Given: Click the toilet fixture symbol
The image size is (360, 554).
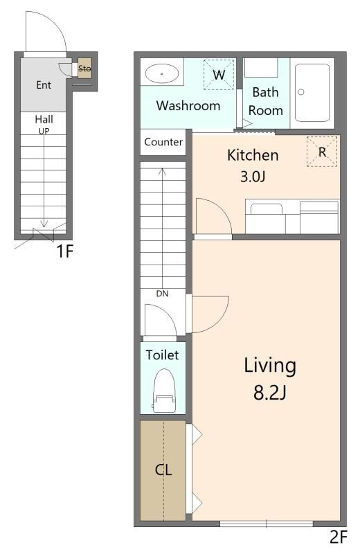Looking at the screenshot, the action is (x=164, y=391).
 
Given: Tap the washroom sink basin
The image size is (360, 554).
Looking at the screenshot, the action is (x=162, y=73).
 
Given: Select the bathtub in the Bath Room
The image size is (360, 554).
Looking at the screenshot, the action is (x=312, y=93).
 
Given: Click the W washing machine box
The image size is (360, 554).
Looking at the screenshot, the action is (x=219, y=75).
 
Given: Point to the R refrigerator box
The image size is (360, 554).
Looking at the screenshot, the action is (x=322, y=152).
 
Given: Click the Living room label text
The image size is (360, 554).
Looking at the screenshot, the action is (x=270, y=366).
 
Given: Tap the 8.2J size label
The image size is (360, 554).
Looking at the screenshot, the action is (x=270, y=392).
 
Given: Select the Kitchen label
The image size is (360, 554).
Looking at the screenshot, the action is (x=253, y=155).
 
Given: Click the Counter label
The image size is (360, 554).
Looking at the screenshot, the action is (x=163, y=142).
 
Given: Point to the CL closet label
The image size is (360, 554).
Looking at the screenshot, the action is (x=163, y=470).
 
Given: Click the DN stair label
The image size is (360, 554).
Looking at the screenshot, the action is (x=162, y=294).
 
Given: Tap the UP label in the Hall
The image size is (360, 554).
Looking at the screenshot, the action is (x=44, y=131).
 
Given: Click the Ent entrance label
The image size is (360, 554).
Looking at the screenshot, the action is (x=44, y=84).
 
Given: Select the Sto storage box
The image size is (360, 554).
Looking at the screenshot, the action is (x=84, y=68).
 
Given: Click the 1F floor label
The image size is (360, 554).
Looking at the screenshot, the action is (x=65, y=251).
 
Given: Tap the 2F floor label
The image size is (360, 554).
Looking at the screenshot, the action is (x=339, y=537).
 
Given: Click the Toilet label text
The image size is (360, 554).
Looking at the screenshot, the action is (x=162, y=355).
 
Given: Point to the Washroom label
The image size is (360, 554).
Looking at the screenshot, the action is (x=188, y=106).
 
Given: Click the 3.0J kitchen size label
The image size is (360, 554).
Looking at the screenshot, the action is (x=253, y=176).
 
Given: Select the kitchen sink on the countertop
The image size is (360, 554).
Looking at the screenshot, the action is (x=267, y=209).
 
